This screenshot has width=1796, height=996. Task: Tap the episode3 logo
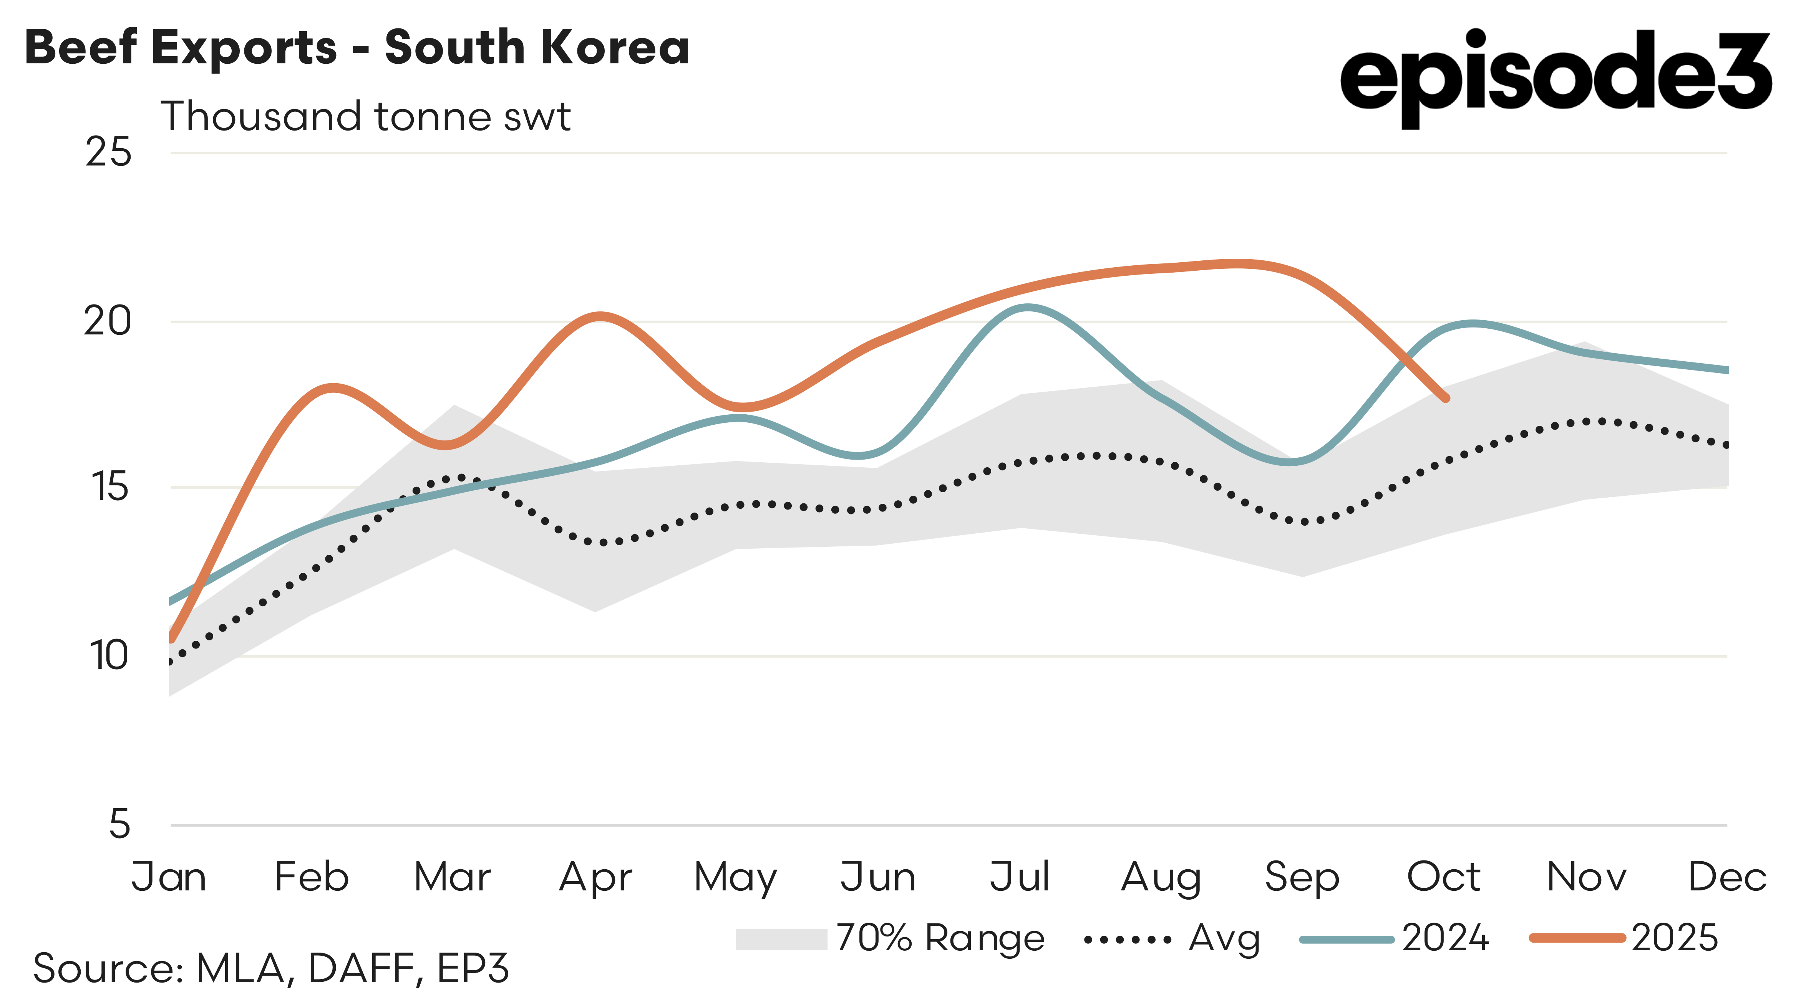tap(1555, 77)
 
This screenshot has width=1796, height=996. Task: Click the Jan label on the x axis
tap(169, 877)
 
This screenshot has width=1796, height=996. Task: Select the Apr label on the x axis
tap(595, 877)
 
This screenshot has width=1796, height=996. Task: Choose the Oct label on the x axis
tap(1444, 877)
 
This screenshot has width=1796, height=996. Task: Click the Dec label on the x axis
tap(1726, 877)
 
